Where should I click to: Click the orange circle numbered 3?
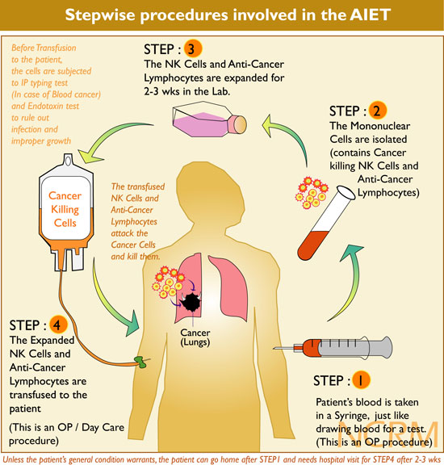pyautogui.click(x=193, y=49)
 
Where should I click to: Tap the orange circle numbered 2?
pyautogui.click(x=377, y=111)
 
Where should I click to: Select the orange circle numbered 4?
pyautogui.click(x=58, y=325)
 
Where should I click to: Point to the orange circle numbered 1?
pyautogui.click(x=361, y=380)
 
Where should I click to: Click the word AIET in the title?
pyautogui.click(x=370, y=15)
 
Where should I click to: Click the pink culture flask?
pyautogui.click(x=209, y=119)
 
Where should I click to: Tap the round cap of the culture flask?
pyautogui.click(x=240, y=124)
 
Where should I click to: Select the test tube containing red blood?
pyautogui.click(x=325, y=223)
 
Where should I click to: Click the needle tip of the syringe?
pyautogui.click(x=274, y=348)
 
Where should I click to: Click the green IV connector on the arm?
pyautogui.click(x=140, y=362)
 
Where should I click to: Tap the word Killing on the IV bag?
pyautogui.click(x=65, y=210)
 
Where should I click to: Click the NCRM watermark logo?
pyautogui.click(x=388, y=434)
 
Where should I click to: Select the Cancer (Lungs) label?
pyautogui.click(x=195, y=337)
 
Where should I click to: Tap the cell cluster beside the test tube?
pyautogui.click(x=312, y=193)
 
